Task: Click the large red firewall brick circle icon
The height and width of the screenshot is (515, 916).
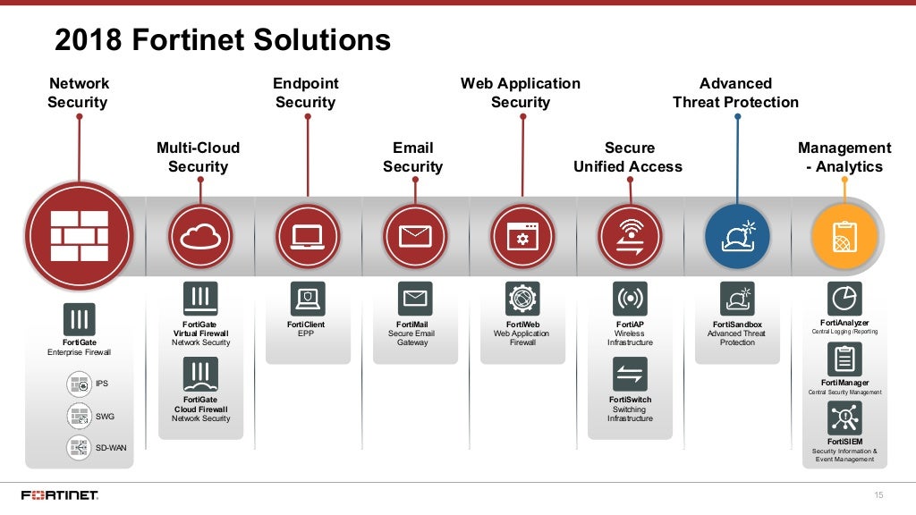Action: coord(79,236)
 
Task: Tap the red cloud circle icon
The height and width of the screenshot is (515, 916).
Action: coord(200,236)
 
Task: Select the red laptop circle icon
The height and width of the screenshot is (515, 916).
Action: coord(308,236)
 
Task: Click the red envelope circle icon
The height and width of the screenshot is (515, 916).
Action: coord(415,236)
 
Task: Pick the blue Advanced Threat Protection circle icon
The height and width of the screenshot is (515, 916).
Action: coord(737,236)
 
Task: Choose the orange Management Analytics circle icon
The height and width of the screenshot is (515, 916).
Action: coord(844,236)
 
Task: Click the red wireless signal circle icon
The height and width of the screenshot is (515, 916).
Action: coord(630,236)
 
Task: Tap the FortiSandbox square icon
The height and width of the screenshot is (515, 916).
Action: coord(737,299)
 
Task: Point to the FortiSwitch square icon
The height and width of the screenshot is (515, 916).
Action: coord(630,374)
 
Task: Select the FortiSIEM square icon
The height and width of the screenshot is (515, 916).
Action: coord(844,418)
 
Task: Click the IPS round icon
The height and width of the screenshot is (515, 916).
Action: coord(80,385)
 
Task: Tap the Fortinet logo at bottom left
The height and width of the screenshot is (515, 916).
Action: coord(60,495)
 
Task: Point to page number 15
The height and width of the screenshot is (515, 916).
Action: coord(878,495)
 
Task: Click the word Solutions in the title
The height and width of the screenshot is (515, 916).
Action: coord(322,40)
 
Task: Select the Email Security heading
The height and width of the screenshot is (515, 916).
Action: coord(413,157)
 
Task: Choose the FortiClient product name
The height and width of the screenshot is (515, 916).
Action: coord(306,325)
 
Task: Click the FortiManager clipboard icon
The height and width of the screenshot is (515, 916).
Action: coord(844,359)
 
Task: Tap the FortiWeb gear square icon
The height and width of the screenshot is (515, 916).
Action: coord(522,299)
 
